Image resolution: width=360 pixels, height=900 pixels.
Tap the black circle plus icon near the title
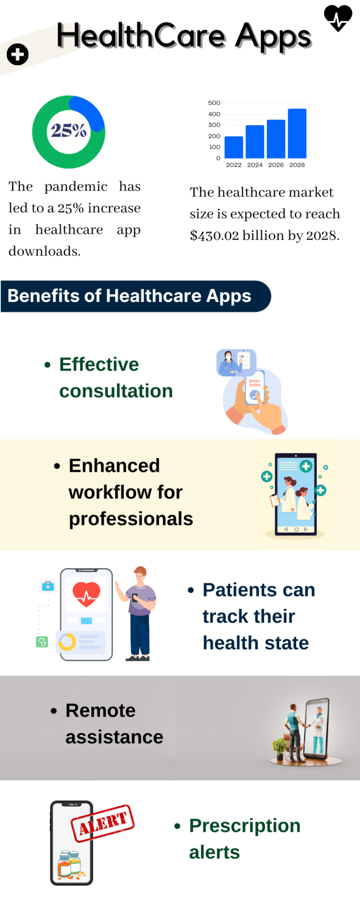pos(18,54)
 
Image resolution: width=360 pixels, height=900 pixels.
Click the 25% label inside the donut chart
pos(69,131)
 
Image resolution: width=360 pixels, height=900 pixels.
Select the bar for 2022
pos(234,147)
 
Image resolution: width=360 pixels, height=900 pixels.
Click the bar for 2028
pos(297,133)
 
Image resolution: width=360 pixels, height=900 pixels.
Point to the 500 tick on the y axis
pos(214,103)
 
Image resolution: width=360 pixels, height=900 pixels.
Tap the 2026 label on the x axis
pos(276,165)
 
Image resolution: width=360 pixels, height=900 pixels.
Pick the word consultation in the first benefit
pos(116,391)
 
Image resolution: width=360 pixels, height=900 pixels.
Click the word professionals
pos(131,519)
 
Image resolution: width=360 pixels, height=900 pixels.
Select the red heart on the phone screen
pos(86,594)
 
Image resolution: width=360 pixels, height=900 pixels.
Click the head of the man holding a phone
pos(140,574)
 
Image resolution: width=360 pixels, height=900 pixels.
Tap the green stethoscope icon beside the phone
pos(42,642)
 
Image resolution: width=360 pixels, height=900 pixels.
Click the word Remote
pos(100,710)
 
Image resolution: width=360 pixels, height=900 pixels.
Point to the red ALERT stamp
pos(103,823)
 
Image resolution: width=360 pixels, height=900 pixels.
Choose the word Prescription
pos(245,826)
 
